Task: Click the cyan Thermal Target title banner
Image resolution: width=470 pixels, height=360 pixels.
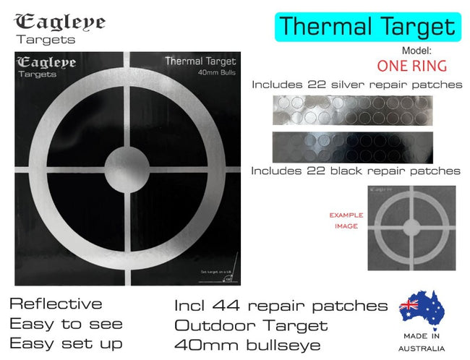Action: [x=367, y=27]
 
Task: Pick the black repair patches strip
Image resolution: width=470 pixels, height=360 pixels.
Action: [x=353, y=147]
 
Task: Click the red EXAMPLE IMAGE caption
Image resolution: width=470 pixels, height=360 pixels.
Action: [x=346, y=220]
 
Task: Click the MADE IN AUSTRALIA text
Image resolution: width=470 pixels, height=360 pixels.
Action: [x=421, y=343]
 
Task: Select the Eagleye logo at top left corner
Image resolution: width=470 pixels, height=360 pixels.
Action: [x=59, y=27]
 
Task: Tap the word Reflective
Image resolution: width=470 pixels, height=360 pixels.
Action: [x=56, y=304]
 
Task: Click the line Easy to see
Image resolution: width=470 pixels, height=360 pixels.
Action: [x=66, y=323]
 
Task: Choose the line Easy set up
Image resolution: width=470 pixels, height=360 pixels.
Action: [x=66, y=343]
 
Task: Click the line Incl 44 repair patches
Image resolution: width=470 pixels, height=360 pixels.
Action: [x=281, y=306]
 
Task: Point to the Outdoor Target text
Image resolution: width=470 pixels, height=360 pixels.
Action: [x=251, y=325]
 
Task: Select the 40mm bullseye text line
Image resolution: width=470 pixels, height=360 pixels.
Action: [x=247, y=345]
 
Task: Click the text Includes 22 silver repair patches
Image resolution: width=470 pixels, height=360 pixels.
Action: [x=357, y=85]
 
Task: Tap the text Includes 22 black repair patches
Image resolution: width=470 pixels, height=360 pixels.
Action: [x=356, y=171]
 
